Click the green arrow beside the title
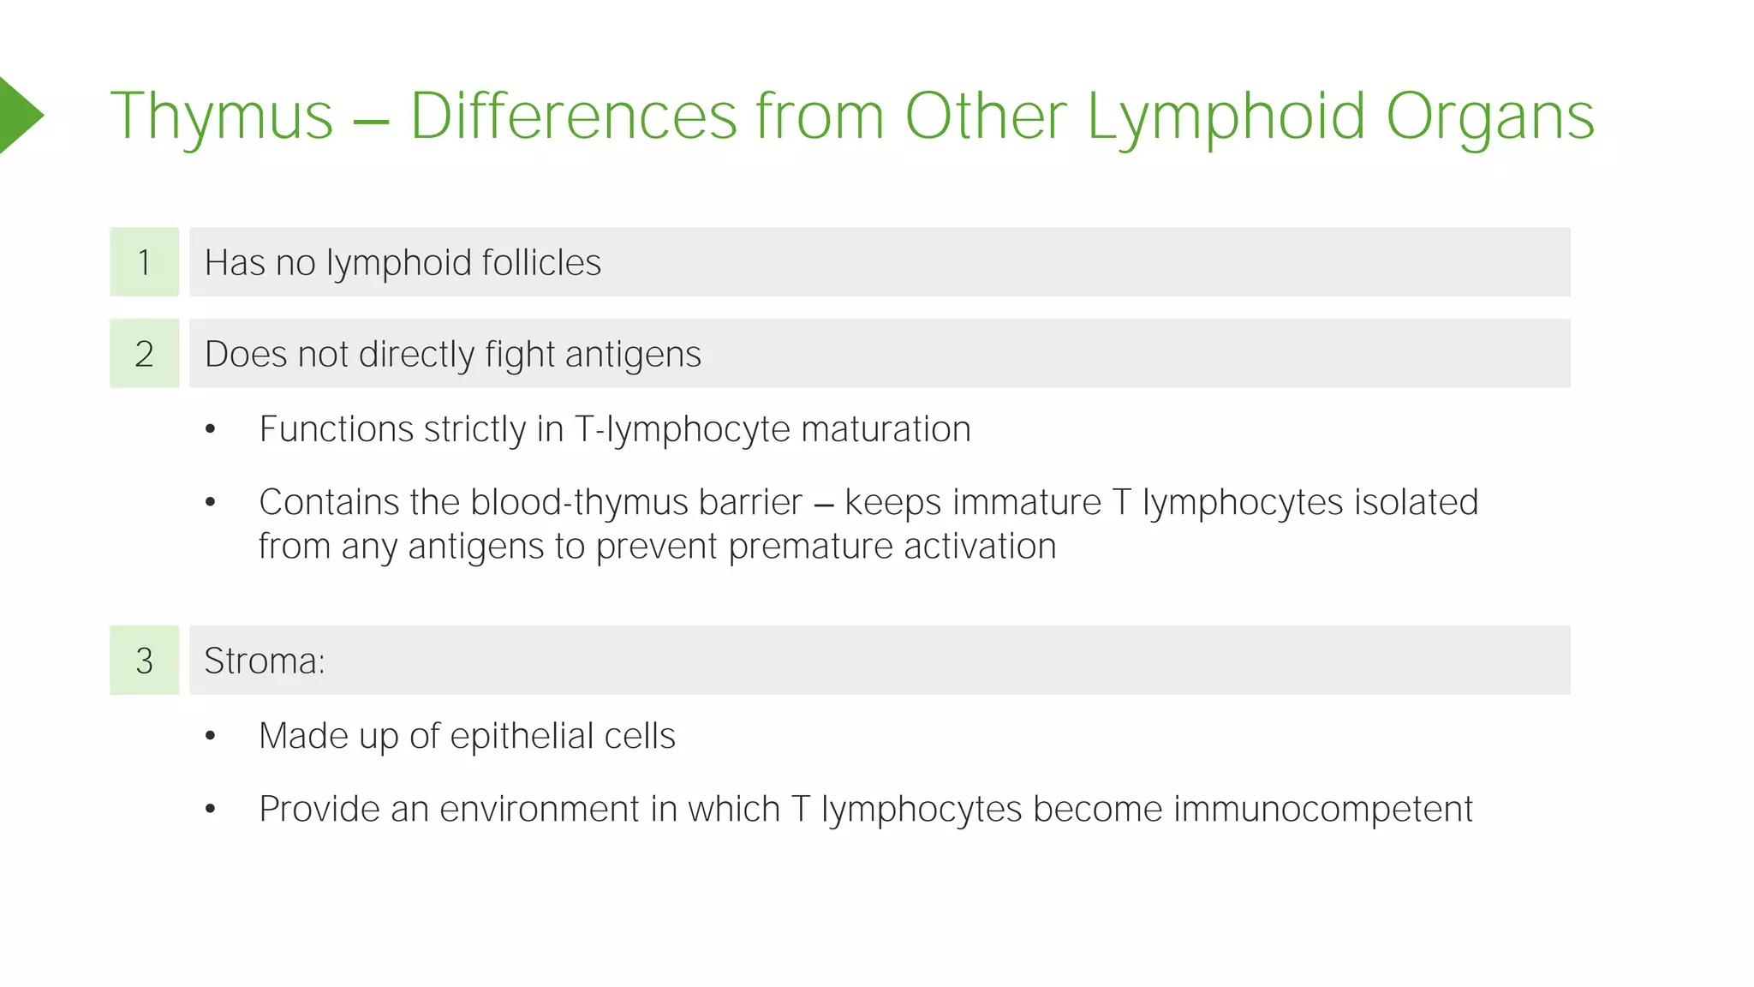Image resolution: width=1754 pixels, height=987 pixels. click(x=19, y=115)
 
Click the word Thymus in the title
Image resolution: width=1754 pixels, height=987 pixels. click(x=221, y=117)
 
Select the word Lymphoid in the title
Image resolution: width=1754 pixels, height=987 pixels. click(x=1226, y=117)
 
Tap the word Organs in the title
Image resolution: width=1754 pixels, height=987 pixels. click(x=1489, y=117)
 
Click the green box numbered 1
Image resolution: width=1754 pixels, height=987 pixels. click(x=144, y=262)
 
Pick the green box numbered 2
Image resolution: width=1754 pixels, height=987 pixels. click(x=144, y=354)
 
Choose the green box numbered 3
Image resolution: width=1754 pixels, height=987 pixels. click(x=144, y=661)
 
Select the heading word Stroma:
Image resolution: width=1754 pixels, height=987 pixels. click(x=265, y=661)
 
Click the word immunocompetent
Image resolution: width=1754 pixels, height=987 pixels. click(x=1322, y=810)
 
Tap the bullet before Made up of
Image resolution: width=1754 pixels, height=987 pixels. click(x=211, y=736)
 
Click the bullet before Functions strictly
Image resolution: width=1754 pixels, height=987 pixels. click(x=211, y=429)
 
